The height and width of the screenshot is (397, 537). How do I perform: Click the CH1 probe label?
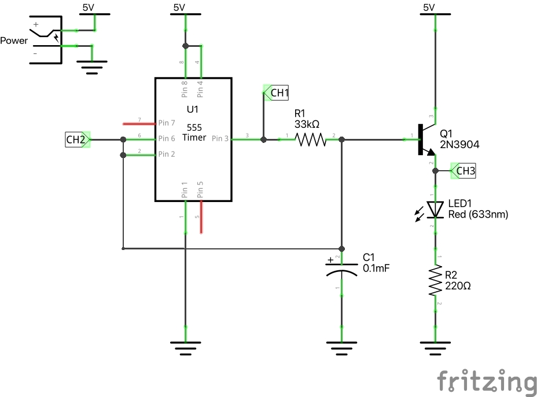(x=278, y=93)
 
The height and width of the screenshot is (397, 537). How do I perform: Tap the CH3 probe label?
(x=465, y=171)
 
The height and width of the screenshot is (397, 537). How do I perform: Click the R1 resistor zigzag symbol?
(x=311, y=139)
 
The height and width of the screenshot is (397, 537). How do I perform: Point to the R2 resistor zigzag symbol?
(x=436, y=281)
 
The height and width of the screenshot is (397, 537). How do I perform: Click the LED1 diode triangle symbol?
(x=435, y=209)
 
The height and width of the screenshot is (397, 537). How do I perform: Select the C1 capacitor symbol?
(x=341, y=269)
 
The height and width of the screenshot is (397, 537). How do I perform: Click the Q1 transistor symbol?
(x=425, y=139)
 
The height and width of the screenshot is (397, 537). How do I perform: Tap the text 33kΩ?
(x=307, y=124)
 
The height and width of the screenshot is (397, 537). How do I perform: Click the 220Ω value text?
(x=458, y=286)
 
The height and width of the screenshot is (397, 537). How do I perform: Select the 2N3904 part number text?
(x=459, y=145)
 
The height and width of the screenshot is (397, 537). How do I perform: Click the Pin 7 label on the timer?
(x=166, y=123)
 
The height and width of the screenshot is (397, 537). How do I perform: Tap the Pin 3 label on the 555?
(x=220, y=139)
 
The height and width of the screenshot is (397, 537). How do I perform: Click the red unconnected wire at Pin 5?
(x=201, y=217)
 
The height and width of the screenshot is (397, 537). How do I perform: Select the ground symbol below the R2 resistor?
(x=435, y=347)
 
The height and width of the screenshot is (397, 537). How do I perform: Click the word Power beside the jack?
(x=14, y=41)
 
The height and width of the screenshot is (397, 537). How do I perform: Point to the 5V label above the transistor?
(x=428, y=8)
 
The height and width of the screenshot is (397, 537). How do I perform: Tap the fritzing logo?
(x=486, y=381)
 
